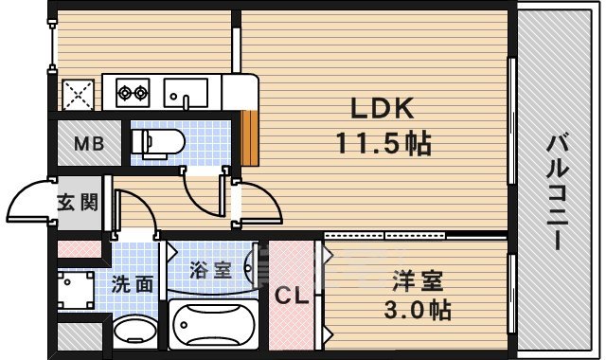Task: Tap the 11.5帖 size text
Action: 382,143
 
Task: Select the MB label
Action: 91,146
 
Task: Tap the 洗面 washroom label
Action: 132,282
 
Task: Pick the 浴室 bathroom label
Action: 210,269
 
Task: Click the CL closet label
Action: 291,296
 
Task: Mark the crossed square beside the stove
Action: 78,94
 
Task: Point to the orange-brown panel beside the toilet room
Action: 251,137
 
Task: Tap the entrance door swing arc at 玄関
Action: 28,202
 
